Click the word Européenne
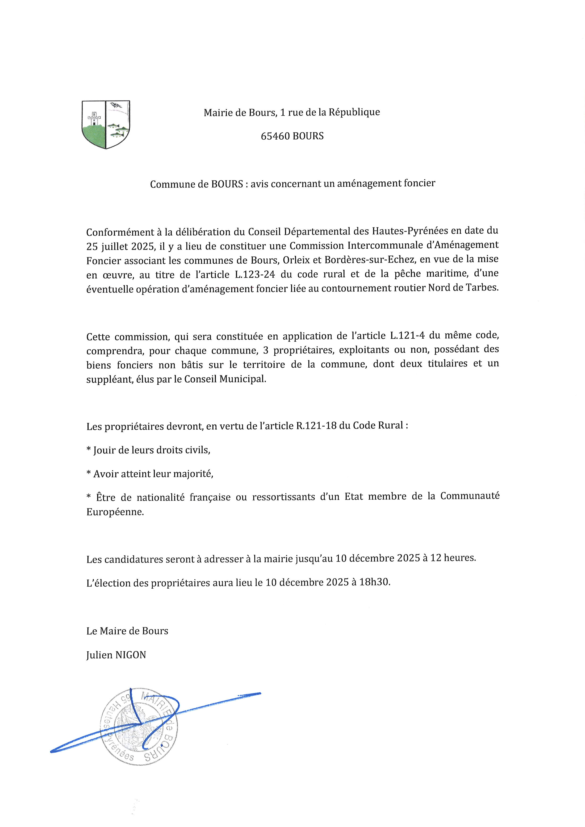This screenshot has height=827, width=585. pyautogui.click(x=115, y=512)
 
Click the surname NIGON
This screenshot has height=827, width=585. pyautogui.click(x=130, y=655)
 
